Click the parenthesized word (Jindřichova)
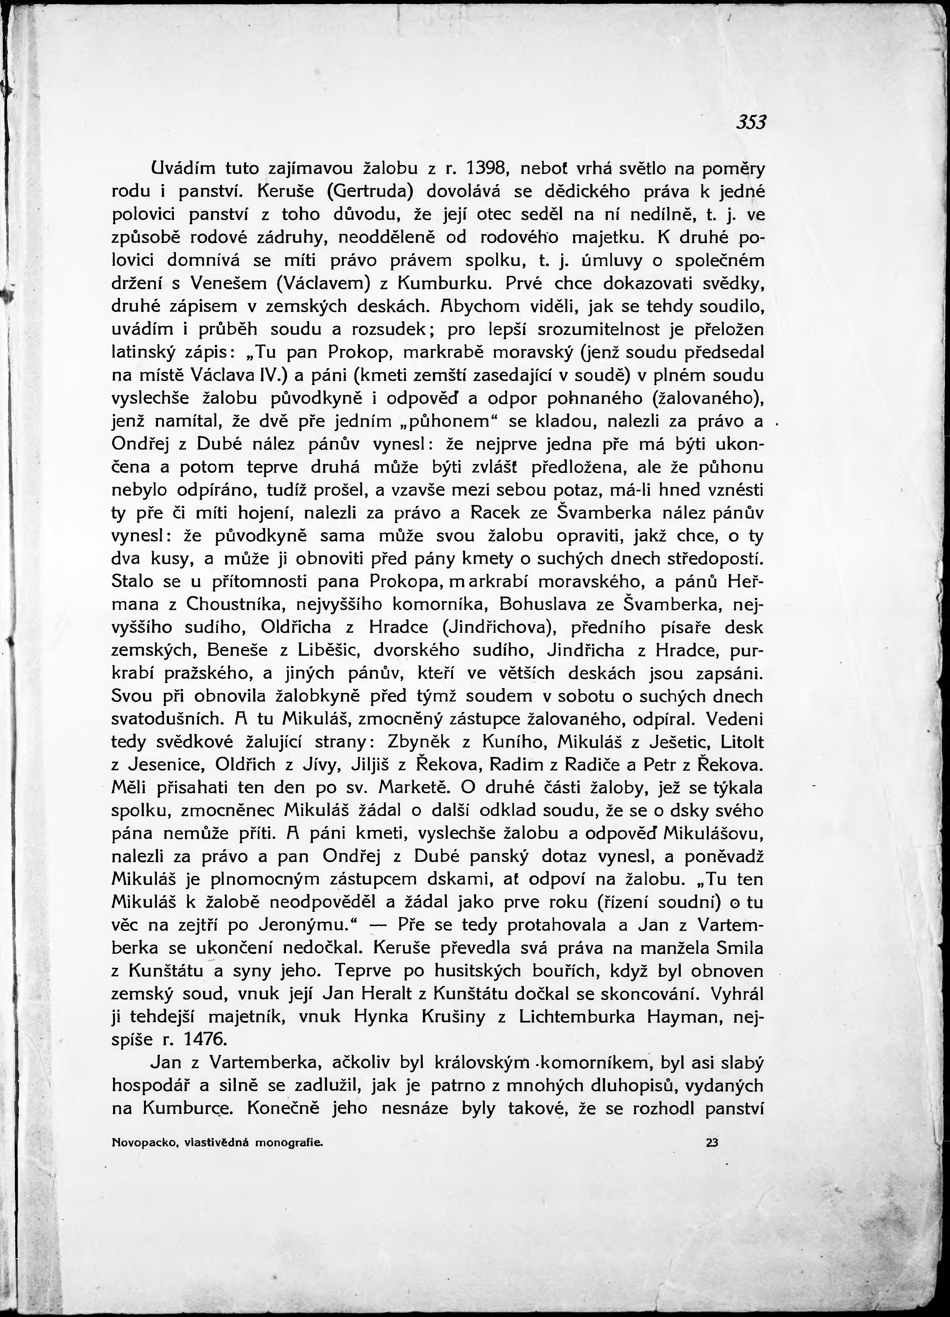click(501, 628)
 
